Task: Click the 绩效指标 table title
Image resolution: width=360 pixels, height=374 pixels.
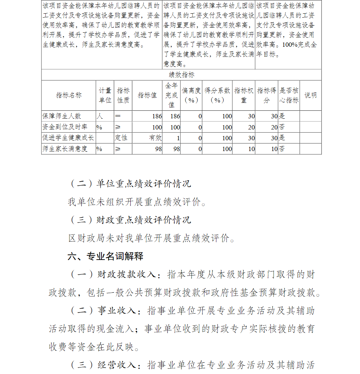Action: (181, 75)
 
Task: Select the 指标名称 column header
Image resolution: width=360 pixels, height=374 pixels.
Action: (69, 95)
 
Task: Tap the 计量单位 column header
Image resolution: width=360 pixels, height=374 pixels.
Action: (105, 95)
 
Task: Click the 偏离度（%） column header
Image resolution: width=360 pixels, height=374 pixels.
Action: (191, 95)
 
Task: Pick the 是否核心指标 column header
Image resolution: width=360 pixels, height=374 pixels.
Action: (289, 95)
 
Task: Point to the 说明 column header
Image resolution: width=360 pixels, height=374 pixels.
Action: (310, 95)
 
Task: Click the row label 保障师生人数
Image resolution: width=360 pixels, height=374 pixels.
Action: (62, 116)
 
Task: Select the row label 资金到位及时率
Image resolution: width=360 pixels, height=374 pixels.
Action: (65, 127)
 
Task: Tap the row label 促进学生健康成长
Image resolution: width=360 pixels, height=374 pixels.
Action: (68, 138)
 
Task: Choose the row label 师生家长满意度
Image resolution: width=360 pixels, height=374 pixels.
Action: (65, 149)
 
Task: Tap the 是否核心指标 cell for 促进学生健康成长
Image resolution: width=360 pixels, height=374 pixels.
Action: (282, 138)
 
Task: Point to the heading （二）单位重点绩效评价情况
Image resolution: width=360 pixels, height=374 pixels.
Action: (130, 184)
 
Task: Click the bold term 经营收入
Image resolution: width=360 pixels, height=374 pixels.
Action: (117, 365)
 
